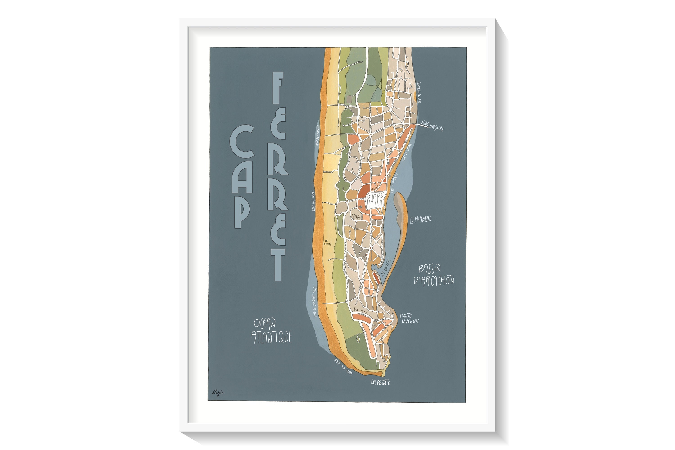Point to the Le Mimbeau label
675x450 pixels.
(421, 220)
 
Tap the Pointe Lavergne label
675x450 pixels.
(409, 319)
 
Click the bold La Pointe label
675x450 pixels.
(380, 382)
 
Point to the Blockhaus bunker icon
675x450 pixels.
(326, 241)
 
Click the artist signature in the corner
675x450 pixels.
(218, 392)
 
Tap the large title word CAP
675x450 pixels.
(242, 176)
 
